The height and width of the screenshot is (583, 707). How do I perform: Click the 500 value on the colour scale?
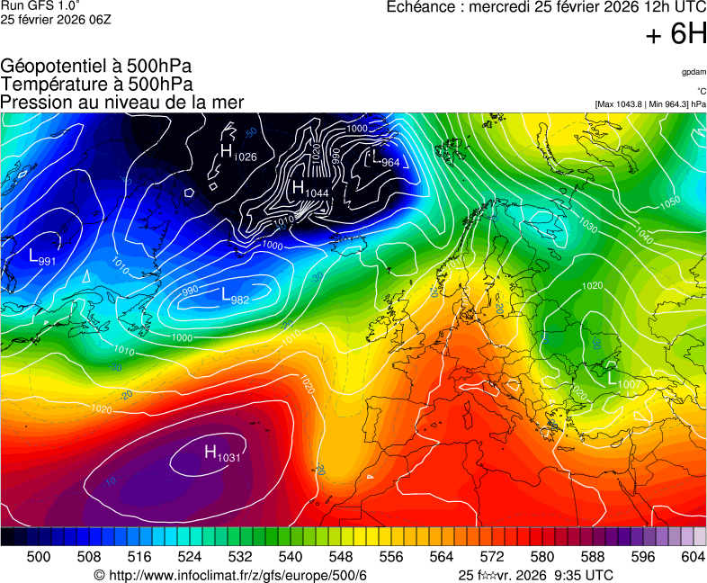[x=39, y=558]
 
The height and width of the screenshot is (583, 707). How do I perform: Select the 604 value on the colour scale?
[x=693, y=558]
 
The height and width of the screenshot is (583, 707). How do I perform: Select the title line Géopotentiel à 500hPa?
[x=96, y=67]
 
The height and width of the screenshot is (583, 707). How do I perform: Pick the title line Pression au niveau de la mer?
[x=122, y=103]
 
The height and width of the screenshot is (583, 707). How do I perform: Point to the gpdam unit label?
[x=694, y=72]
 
